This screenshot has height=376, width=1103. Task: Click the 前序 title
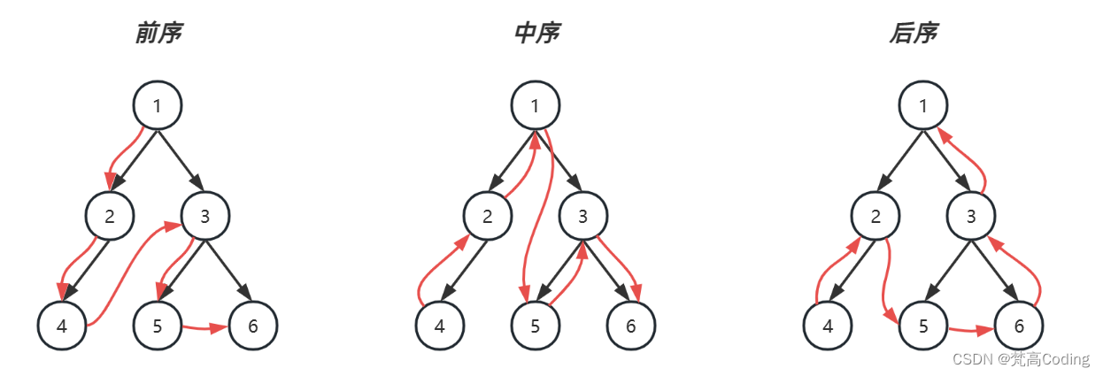click(x=158, y=34)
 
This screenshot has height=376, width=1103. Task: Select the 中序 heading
click(x=536, y=34)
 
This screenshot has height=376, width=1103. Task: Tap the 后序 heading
click(x=913, y=34)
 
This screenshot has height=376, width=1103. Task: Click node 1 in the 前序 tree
click(x=158, y=106)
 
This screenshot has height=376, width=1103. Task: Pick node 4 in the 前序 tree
click(x=62, y=326)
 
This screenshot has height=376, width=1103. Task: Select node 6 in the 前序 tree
click(x=253, y=326)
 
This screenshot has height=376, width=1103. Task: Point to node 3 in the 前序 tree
click(x=205, y=216)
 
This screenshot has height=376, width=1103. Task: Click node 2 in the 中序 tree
click(x=488, y=216)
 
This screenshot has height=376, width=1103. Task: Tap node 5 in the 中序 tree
click(x=536, y=326)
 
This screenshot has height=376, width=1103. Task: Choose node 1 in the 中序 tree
click(x=536, y=106)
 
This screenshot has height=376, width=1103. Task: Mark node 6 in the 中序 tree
click(x=631, y=326)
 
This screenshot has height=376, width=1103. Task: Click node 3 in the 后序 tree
click(x=971, y=216)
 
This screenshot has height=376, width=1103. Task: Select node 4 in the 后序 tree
click(x=828, y=326)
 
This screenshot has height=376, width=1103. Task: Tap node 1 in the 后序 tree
click(x=923, y=106)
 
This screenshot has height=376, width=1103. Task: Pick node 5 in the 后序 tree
click(x=923, y=326)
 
